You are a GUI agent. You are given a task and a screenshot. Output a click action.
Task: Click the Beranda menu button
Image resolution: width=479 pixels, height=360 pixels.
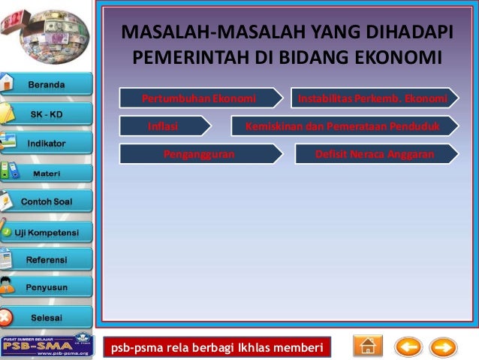47,84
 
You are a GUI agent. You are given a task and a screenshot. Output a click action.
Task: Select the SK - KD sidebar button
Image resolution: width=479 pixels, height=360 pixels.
47,114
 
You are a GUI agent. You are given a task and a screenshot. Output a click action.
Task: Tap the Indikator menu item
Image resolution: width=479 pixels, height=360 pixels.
47,143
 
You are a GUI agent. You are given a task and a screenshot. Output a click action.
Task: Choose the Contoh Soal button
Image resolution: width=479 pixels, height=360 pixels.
47,202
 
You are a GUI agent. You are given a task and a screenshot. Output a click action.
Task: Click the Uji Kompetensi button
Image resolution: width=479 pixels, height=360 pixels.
47,231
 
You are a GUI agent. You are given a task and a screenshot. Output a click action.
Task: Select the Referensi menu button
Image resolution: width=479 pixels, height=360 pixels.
47,260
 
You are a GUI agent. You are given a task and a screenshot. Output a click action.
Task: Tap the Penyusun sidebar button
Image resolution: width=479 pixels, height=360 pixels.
47,288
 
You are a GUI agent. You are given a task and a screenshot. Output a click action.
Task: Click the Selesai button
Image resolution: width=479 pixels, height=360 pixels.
47,316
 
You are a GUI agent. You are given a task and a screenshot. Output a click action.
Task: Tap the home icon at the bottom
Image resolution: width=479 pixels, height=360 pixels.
367,346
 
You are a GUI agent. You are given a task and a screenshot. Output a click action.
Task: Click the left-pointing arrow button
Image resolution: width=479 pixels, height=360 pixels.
408,347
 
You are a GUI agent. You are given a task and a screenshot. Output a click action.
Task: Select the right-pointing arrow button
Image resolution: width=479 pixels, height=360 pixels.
443,347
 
